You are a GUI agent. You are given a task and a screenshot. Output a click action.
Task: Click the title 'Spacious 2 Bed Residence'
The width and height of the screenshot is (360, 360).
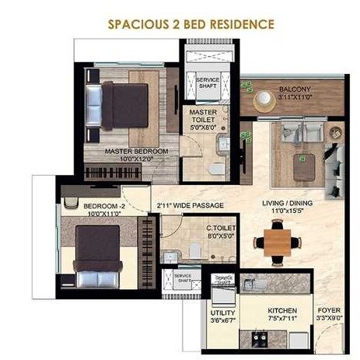(180, 24)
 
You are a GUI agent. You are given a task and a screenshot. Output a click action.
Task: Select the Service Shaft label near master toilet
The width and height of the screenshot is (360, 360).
(208, 82)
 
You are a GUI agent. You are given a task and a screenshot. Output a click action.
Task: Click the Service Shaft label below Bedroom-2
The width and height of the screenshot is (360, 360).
(183, 278)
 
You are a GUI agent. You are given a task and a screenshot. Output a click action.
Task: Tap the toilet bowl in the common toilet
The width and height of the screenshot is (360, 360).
(200, 249)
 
